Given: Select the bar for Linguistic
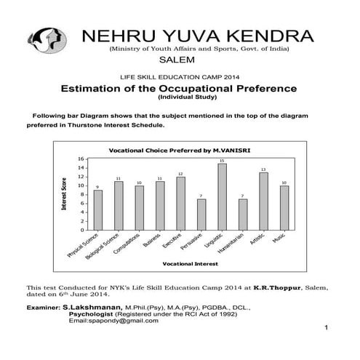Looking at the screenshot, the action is (222, 196).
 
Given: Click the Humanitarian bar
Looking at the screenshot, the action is (243, 214).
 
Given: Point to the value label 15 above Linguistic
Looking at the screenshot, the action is (222, 160).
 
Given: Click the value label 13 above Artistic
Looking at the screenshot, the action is (263, 169).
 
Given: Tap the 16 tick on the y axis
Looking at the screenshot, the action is (82, 159).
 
